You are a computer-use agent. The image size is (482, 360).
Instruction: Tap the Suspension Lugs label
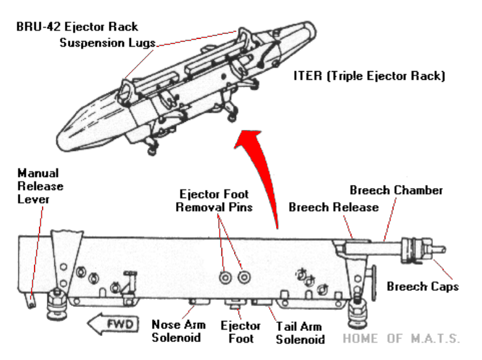pos(108,43)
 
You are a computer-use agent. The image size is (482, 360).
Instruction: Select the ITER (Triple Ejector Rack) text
pos(370,76)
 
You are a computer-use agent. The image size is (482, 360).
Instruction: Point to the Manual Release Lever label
pos(40,186)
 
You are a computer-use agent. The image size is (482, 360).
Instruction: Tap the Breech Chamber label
pos(396,190)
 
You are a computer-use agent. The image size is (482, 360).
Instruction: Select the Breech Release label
pos(333,207)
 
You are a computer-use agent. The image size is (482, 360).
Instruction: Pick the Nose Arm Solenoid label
pos(175,332)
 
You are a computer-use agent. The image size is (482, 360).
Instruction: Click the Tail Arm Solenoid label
pos(300,332)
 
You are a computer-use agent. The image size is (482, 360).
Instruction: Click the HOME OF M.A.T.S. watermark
pos(401,338)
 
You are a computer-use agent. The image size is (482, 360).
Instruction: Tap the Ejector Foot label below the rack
pos(235,332)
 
